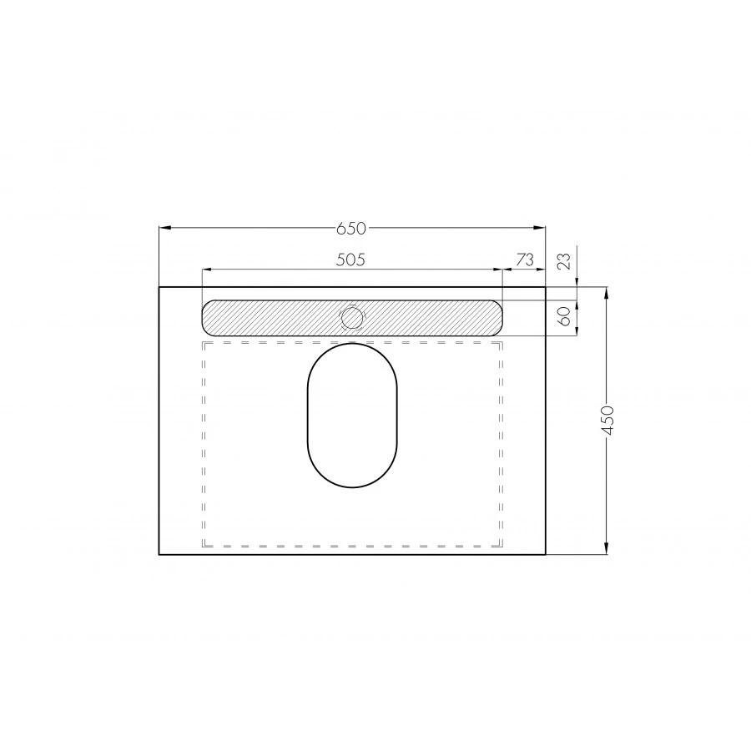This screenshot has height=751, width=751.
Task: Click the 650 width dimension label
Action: click(x=351, y=229)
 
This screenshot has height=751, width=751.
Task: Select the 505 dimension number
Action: click(x=350, y=260)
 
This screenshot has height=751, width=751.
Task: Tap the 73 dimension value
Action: click(x=525, y=260)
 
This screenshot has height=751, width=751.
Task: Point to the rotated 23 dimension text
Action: click(x=566, y=261)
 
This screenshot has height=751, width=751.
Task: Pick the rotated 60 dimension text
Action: click(x=566, y=316)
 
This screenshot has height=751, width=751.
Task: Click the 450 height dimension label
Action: click(x=607, y=420)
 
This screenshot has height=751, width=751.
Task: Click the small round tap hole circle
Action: click(x=352, y=318)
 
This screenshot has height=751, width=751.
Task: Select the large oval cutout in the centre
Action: click(x=352, y=416)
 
